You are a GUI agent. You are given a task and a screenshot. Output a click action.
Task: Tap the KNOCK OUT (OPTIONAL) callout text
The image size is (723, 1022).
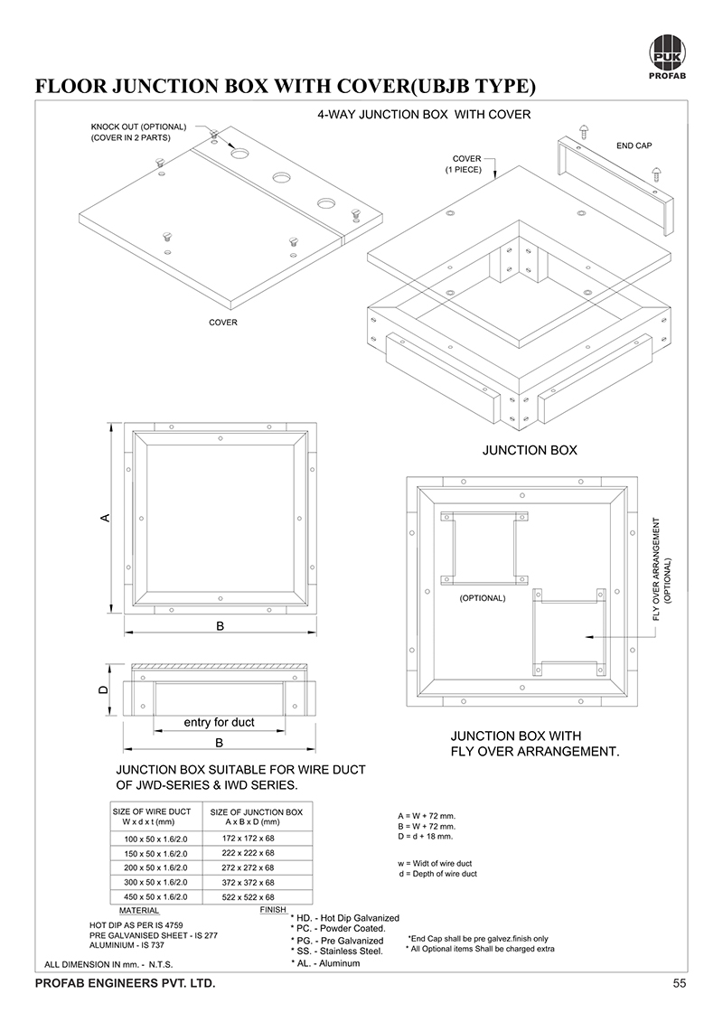click(137, 127)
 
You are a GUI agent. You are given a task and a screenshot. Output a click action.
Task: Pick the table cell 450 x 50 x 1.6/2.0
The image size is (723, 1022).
click(155, 896)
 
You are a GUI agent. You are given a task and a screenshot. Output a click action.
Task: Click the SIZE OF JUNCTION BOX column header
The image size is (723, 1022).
click(256, 811)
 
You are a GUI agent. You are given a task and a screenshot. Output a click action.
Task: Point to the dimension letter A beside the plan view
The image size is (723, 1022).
click(105, 518)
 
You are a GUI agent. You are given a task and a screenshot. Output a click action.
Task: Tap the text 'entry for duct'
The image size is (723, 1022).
click(219, 722)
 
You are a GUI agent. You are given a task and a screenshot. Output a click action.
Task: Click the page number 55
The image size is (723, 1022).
click(680, 983)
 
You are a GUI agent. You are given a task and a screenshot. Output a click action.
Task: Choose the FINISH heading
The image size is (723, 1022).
click(273, 909)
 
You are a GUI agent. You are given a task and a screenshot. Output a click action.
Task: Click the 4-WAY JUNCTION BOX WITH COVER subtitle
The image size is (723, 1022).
click(424, 115)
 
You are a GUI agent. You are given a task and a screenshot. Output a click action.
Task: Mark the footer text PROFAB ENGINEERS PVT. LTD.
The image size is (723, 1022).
click(125, 983)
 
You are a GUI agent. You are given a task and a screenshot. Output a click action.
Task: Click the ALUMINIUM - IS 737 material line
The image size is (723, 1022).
click(127, 945)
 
